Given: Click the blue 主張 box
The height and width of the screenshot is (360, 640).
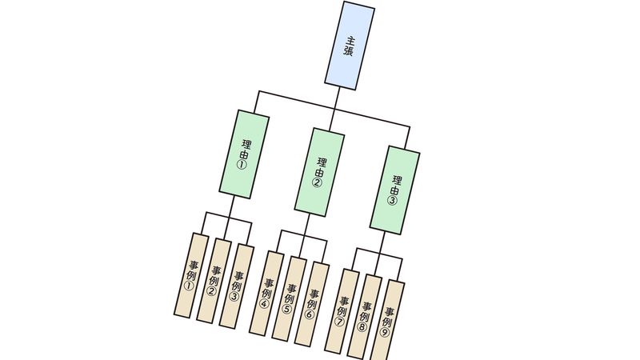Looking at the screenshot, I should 350,44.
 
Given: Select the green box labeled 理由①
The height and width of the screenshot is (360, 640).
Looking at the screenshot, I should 244,153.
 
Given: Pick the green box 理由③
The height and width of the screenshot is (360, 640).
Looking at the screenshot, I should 395,190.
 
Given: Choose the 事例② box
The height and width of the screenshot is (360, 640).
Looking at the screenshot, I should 214,280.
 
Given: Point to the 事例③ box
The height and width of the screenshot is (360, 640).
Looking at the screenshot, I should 237,285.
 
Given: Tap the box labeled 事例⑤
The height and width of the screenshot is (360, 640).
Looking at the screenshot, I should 290,298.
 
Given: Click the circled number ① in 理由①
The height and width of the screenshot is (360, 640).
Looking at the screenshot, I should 241,165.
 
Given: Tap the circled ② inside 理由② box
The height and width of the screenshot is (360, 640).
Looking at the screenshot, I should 317,183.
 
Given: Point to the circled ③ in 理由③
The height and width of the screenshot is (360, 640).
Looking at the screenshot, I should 392,201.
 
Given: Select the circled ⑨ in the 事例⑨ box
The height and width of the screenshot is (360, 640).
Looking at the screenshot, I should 385,333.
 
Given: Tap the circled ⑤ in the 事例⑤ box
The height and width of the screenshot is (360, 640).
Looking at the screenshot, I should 287,310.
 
